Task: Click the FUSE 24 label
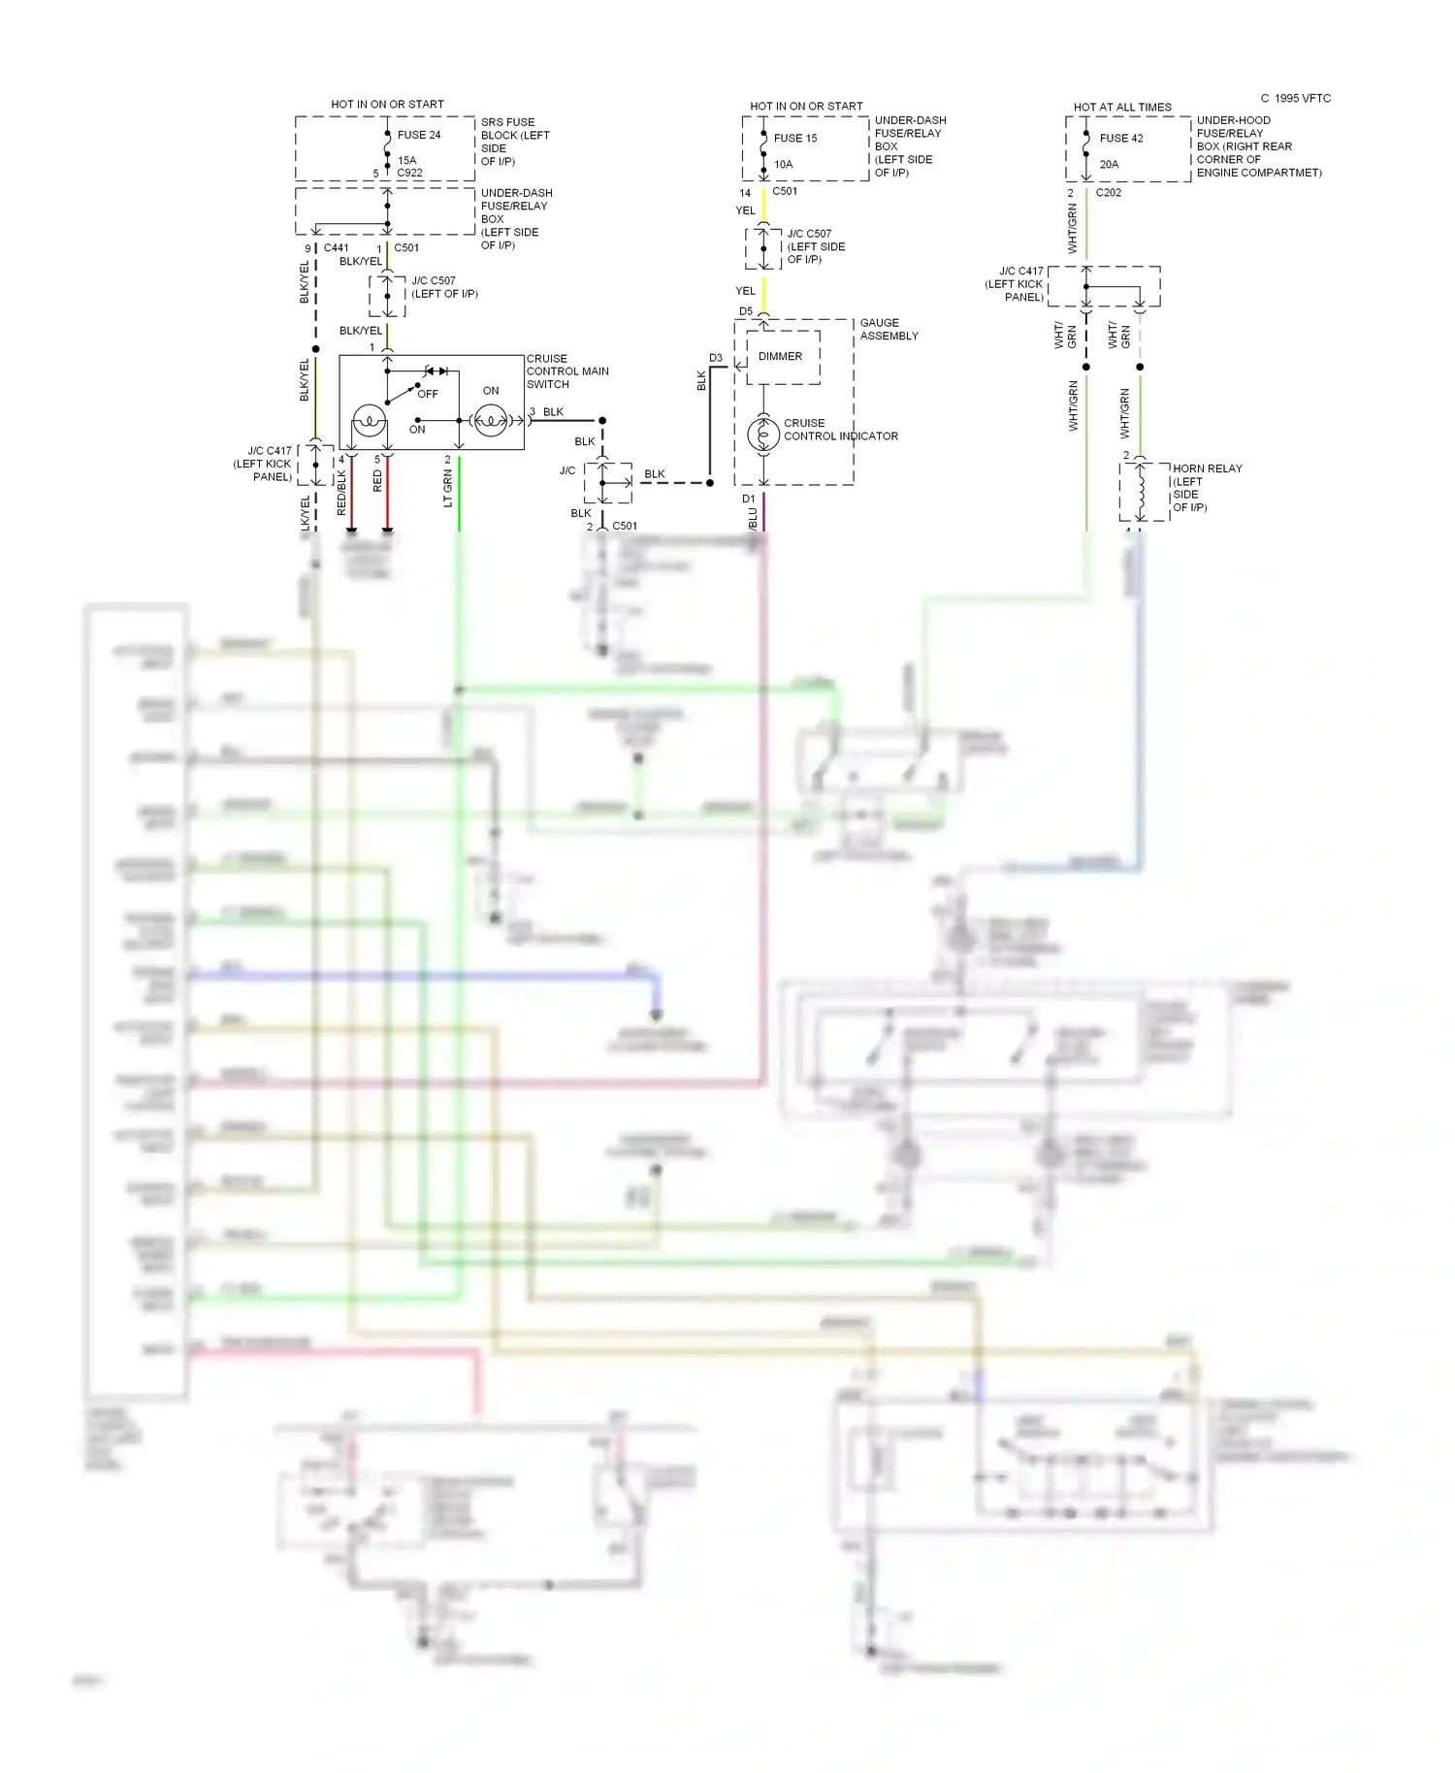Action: (x=418, y=135)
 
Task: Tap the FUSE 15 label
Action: (x=795, y=138)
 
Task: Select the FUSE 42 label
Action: (x=1121, y=138)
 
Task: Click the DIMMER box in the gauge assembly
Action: (x=781, y=356)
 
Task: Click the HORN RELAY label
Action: (x=1207, y=468)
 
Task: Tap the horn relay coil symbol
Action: (x=1143, y=493)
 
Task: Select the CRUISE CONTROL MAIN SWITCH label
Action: (x=567, y=371)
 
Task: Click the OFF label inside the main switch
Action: (x=428, y=394)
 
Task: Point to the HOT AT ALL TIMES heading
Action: (x=1122, y=107)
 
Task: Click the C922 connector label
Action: (x=409, y=173)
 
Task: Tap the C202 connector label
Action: (x=1109, y=192)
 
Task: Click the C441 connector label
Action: (x=336, y=248)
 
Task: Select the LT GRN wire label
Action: (x=448, y=488)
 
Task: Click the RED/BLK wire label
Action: (x=341, y=492)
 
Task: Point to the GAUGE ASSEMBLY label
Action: (x=889, y=329)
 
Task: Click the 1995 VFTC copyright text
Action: (x=1296, y=98)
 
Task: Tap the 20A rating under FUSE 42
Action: (x=1109, y=164)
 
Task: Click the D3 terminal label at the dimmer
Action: (x=716, y=358)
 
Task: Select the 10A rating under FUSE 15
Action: (x=783, y=164)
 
